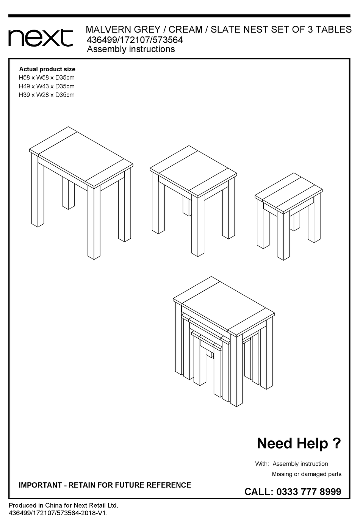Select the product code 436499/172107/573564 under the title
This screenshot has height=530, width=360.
(135, 40)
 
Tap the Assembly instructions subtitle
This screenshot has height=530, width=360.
(131, 49)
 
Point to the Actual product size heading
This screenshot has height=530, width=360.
(47, 69)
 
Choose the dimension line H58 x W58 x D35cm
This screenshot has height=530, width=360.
(47, 78)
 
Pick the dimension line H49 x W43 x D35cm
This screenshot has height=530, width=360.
(47, 86)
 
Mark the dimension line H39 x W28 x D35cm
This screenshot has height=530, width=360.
(47, 95)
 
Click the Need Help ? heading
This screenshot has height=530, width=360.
(299, 443)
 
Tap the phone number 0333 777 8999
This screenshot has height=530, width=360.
(309, 492)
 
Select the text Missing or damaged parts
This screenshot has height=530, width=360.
(307, 474)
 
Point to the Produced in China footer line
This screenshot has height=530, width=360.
(63, 505)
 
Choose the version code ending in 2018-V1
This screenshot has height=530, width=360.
(58, 513)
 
